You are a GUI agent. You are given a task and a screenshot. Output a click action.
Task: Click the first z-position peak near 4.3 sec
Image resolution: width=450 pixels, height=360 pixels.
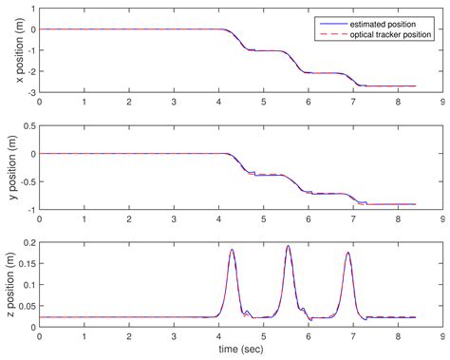pos(232,250)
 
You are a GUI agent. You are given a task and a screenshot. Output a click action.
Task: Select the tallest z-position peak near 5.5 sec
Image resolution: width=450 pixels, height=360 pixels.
pos(289,246)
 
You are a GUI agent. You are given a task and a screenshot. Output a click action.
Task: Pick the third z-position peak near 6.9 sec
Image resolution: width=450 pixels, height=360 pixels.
pos(348,253)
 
